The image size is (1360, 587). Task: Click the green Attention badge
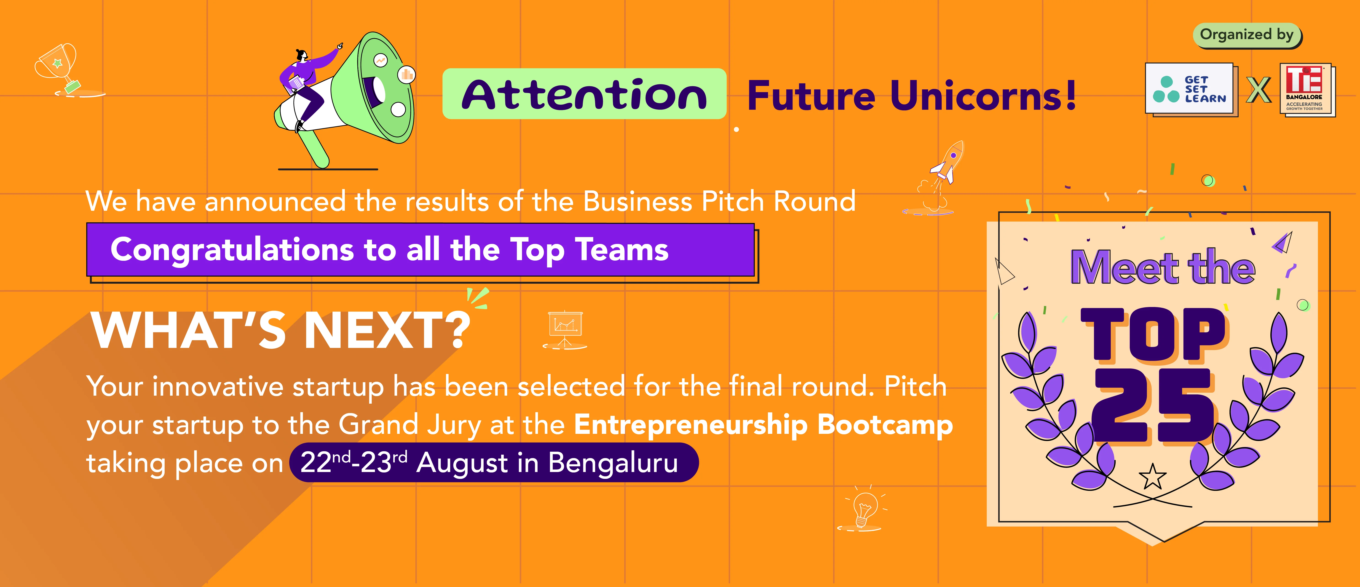[x=584, y=94]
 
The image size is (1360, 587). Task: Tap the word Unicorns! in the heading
[x=983, y=96]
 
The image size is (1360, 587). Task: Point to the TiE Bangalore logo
[x=1307, y=90]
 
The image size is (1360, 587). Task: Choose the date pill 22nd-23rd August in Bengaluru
[x=494, y=462]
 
